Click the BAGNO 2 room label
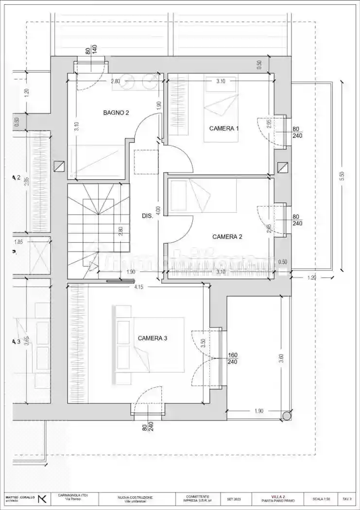116,113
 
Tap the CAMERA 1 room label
224,128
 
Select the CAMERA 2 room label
227,237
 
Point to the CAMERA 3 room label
153,338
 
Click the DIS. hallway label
148,216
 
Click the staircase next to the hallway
97,223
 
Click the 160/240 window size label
232,358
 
